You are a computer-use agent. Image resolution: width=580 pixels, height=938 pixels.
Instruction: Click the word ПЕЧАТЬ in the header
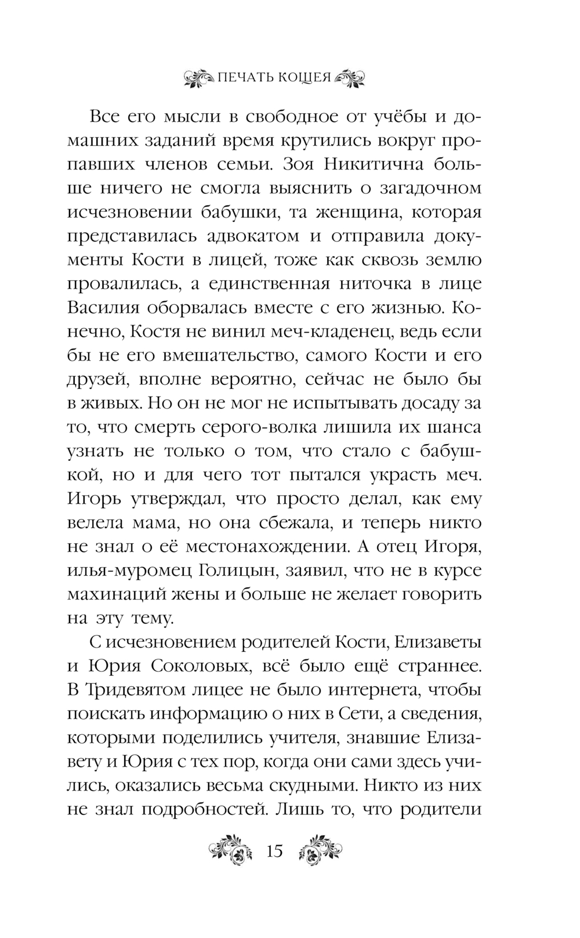244,78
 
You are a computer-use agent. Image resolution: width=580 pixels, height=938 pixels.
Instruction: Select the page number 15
274,852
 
